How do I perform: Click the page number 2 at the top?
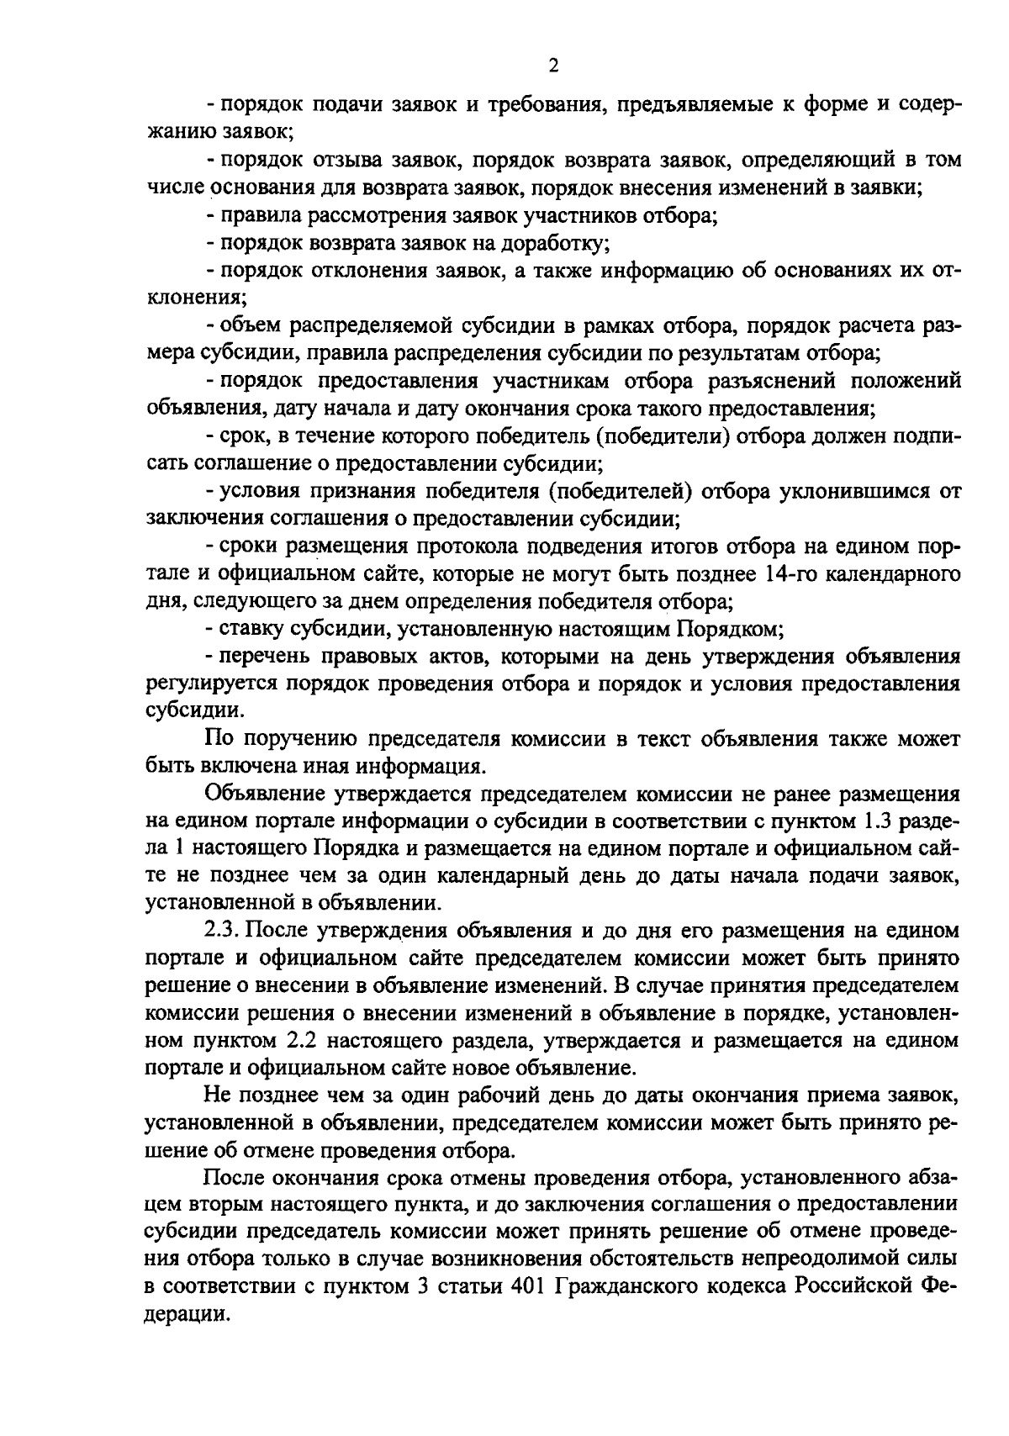click(552, 66)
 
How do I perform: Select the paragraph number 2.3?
click(223, 931)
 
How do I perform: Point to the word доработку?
click(554, 244)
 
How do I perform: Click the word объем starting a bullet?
click(244, 326)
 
